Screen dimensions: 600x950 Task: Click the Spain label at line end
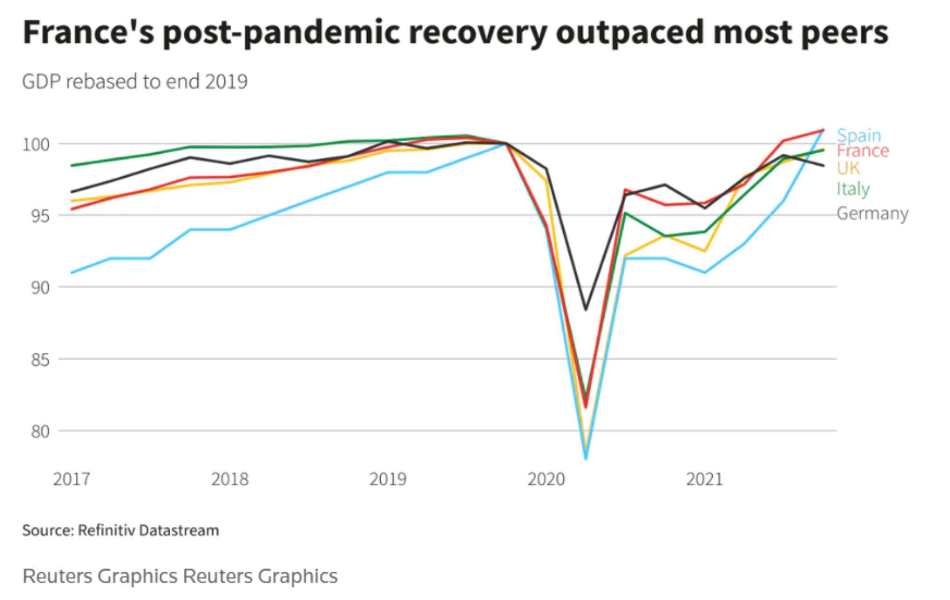coord(859,135)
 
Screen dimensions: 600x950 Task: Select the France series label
coord(862,151)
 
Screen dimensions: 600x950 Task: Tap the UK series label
coord(848,168)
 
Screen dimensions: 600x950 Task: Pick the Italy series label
coord(853,189)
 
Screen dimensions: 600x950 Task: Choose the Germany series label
coord(872,213)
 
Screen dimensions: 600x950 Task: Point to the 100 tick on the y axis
coord(36,144)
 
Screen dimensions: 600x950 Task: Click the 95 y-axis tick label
coord(40,216)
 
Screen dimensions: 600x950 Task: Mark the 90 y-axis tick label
coord(40,288)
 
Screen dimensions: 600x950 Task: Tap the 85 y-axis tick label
coord(40,360)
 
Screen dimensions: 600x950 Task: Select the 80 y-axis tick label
coord(40,432)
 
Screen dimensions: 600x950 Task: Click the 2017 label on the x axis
coord(71,479)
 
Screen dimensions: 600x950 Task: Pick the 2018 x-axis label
coord(229,479)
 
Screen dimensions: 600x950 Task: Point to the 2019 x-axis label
coord(387,479)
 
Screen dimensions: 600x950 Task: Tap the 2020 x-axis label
coord(546,479)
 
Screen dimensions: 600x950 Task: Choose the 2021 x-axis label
coord(704,479)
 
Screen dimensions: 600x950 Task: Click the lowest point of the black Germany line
coord(586,309)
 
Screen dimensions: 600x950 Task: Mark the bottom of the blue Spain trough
coord(586,458)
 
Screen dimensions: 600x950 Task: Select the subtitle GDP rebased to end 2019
coord(135,82)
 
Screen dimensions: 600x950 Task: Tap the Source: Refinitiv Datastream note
coord(121,530)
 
